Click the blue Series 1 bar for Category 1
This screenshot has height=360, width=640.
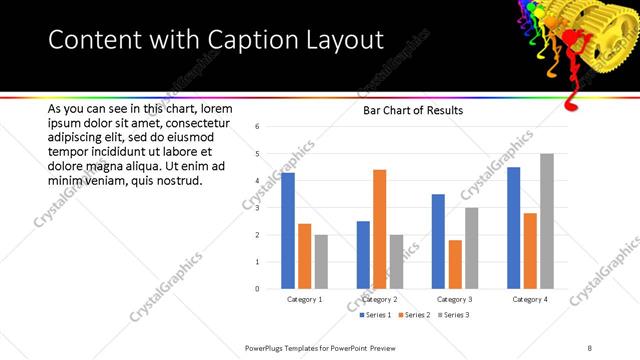288,231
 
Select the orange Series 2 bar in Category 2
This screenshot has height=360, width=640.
380,229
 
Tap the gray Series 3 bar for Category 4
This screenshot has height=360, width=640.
546,221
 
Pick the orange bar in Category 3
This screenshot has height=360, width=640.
455,264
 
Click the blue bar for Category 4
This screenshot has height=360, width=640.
514,228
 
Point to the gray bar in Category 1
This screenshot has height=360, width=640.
320,262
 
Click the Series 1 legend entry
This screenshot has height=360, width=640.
376,315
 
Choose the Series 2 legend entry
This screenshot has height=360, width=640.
412,315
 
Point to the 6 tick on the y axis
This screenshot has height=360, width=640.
258,127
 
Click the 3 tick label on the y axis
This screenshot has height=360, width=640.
258,208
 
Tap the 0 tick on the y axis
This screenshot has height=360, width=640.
258,289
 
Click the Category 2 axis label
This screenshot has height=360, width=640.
380,299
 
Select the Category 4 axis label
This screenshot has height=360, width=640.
530,299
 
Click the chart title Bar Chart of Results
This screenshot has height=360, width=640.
412,111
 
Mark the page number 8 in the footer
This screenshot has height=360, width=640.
590,347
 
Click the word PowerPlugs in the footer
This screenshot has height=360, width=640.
267,347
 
